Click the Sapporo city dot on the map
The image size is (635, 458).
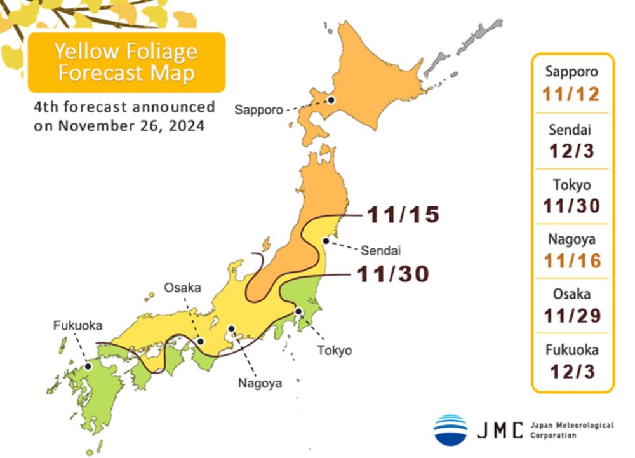[x=331, y=100]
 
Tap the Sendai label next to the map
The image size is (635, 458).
[x=381, y=250]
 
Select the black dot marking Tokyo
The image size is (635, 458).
[x=298, y=311]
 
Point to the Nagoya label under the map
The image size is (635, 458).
[x=260, y=382]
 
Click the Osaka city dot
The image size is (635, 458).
[x=201, y=341]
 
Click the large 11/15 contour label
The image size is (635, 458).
[x=403, y=215]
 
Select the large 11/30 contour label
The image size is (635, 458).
[x=392, y=274]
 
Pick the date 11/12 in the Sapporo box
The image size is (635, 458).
[x=571, y=95]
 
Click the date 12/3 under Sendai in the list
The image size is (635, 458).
[x=571, y=151]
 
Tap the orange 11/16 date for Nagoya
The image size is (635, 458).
[x=571, y=260]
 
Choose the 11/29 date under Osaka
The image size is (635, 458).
[x=571, y=316]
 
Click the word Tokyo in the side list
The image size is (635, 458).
[x=571, y=185]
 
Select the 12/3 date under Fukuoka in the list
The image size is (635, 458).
[x=571, y=371]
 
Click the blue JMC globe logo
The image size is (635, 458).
[x=451, y=429]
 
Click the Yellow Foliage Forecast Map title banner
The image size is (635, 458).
[x=126, y=62]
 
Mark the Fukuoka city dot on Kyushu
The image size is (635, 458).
[x=88, y=366]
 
